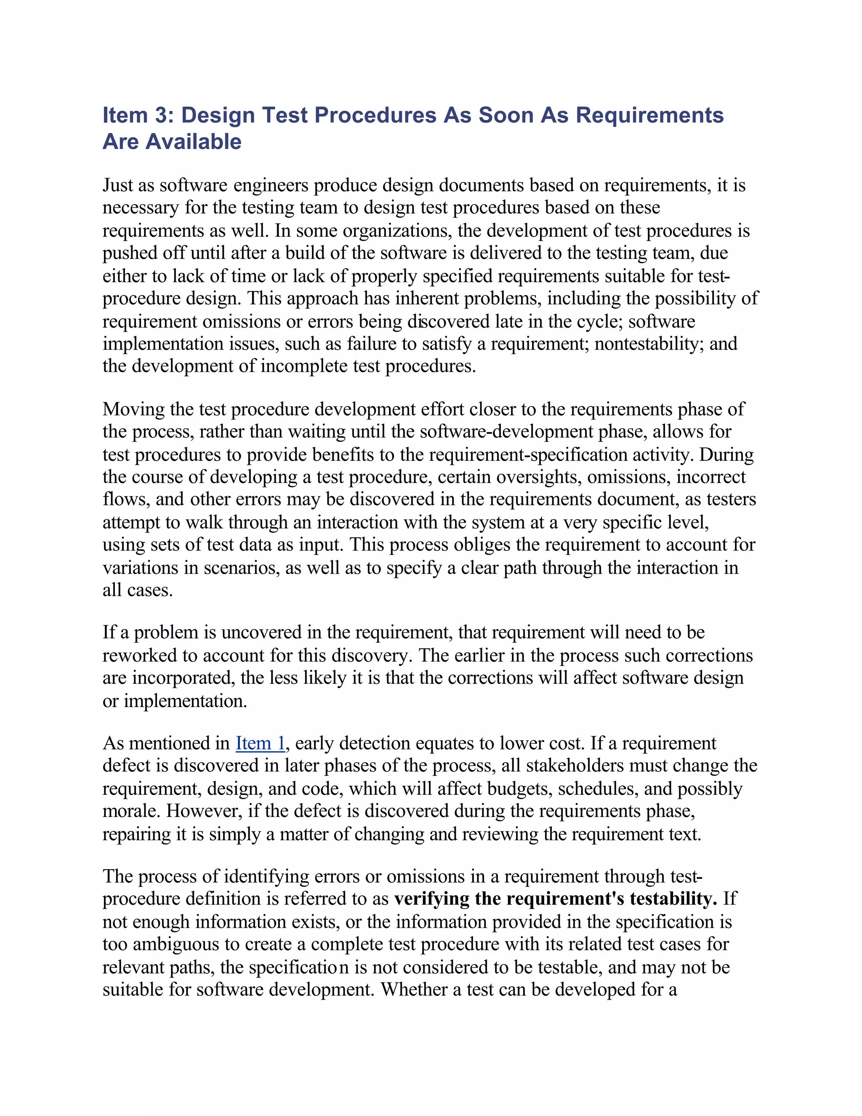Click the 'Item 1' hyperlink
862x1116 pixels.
click(260, 743)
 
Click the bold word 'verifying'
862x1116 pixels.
click(431, 899)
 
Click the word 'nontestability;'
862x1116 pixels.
click(648, 344)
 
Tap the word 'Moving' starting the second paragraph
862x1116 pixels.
click(133, 409)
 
